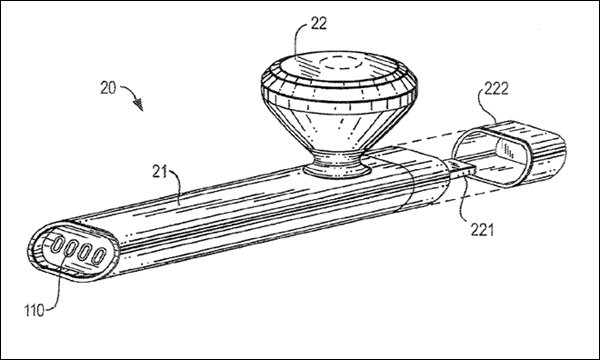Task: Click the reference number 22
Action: [x=318, y=24]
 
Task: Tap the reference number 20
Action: [x=108, y=88]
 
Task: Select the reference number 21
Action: [x=160, y=172]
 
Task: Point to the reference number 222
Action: [x=497, y=89]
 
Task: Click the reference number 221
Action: [x=482, y=230]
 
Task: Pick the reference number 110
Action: [x=35, y=310]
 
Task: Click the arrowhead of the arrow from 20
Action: [x=139, y=104]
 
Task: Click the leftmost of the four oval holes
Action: [x=57, y=245]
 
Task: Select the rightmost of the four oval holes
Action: [x=99, y=256]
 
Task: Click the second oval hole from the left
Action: [x=71, y=248]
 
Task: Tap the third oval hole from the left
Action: [x=85, y=252]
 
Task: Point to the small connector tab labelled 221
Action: [x=461, y=167]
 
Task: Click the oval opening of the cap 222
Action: [x=491, y=158]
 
